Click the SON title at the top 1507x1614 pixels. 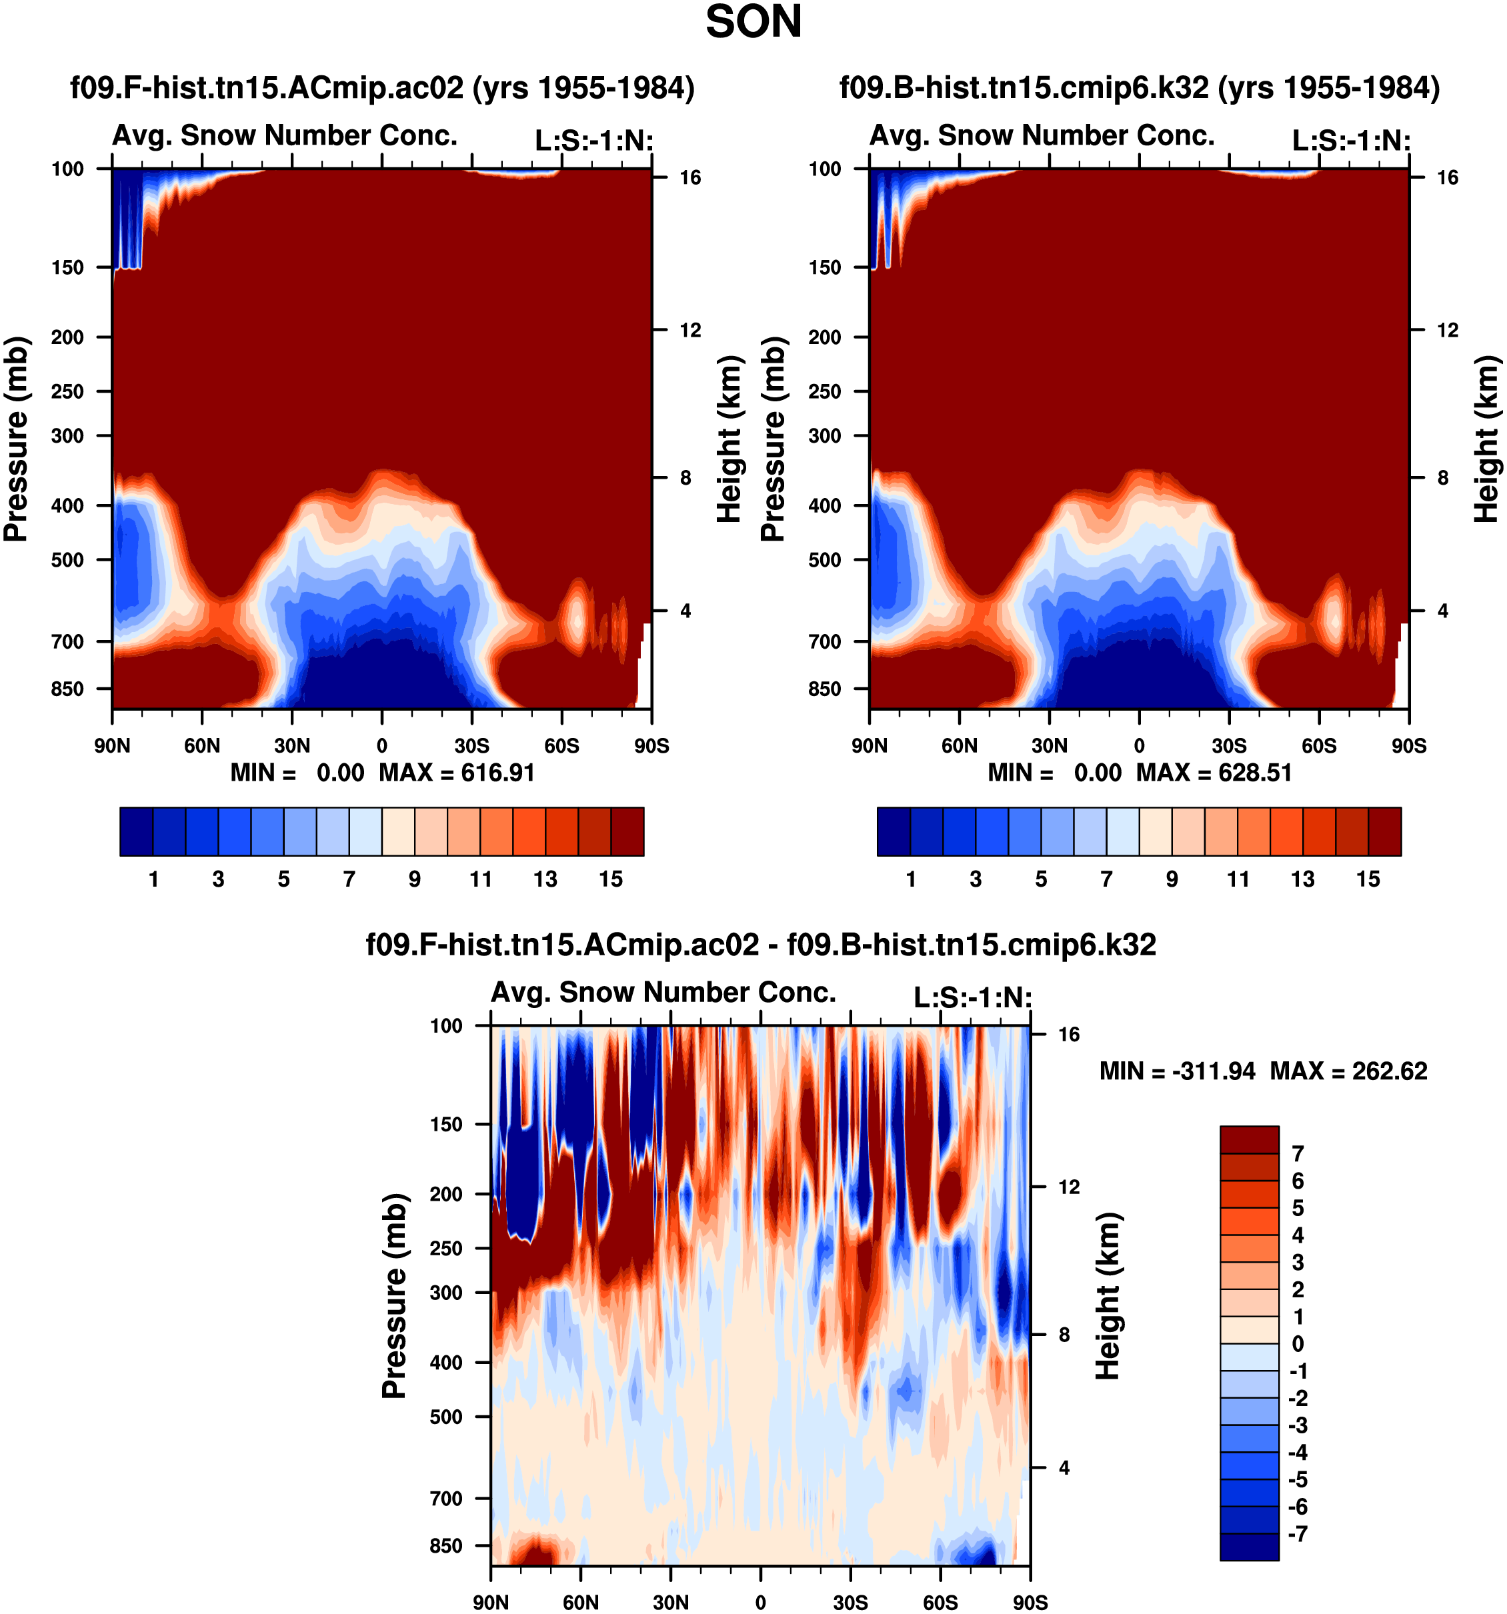(x=753, y=22)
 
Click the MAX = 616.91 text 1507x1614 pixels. (x=457, y=772)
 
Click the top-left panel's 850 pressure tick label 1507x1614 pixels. (x=67, y=689)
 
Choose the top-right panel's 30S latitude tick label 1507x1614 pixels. (x=1230, y=746)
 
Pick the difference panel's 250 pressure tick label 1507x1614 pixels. (x=446, y=1248)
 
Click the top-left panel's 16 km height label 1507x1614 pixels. (x=690, y=178)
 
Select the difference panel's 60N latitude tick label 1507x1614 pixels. (x=581, y=1603)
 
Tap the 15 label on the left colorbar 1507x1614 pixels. (x=611, y=879)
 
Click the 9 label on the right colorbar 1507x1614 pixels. (x=1172, y=879)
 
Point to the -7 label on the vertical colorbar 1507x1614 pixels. (x=1298, y=1533)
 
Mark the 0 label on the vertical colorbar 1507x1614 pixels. (x=1298, y=1343)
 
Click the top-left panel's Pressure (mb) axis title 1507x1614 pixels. (x=16, y=439)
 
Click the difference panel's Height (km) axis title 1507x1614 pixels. (x=1108, y=1296)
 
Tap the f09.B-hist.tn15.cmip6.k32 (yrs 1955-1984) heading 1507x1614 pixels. (x=1139, y=88)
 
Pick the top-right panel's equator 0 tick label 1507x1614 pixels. (x=1139, y=746)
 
